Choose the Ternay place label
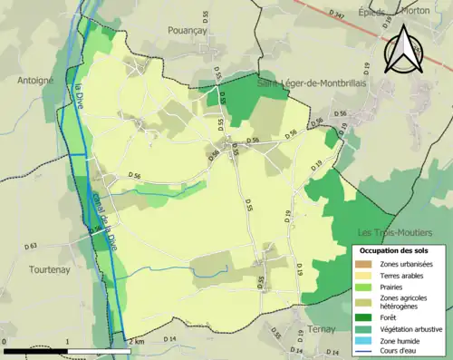click(322, 328)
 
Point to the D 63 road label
click(32, 246)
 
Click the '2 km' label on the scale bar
click(136, 341)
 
